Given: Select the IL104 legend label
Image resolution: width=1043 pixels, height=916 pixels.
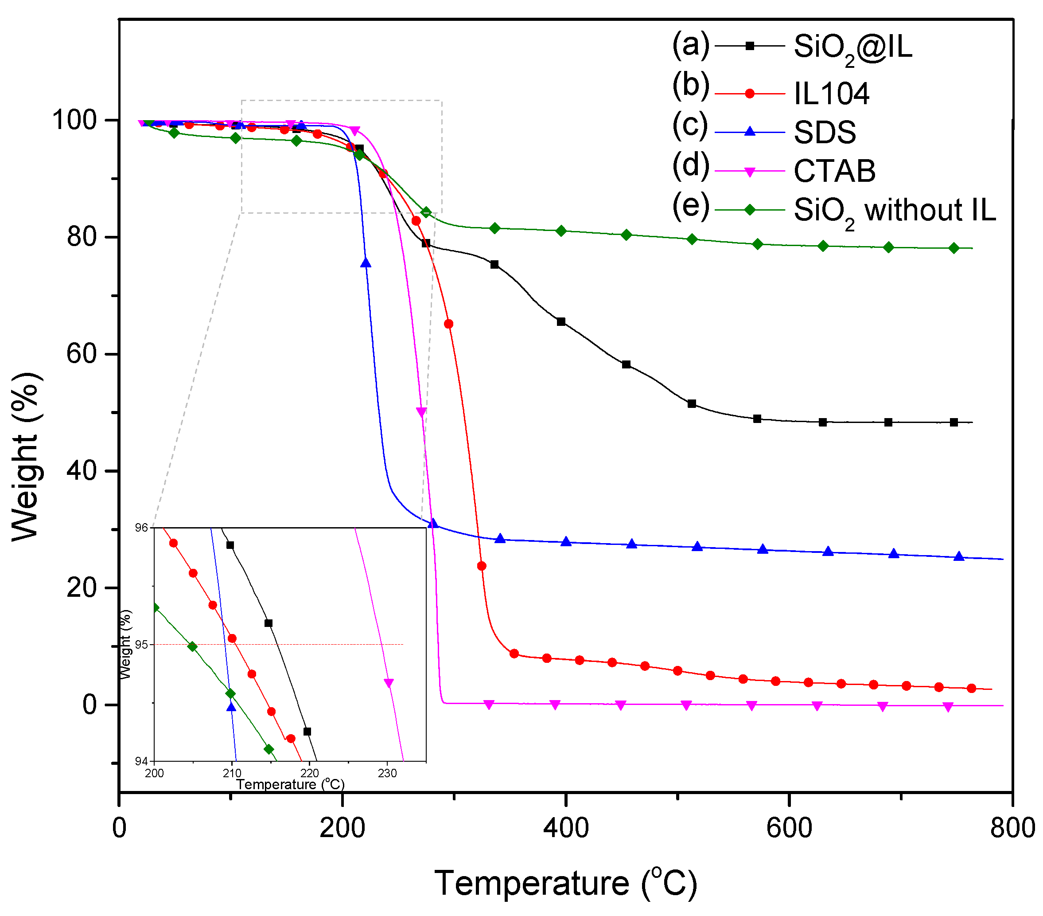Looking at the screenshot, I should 831,94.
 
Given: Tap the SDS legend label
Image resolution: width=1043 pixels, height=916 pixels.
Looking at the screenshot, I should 825,132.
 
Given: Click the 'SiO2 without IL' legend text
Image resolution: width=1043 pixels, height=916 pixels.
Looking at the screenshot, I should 894,210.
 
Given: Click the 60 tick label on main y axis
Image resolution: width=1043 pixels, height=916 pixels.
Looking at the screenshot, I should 82,354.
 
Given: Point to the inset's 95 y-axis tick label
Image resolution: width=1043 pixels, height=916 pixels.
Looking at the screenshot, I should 141,645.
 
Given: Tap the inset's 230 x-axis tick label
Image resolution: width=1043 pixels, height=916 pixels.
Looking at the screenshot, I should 387,774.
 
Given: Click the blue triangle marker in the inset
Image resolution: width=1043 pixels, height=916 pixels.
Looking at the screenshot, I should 232,707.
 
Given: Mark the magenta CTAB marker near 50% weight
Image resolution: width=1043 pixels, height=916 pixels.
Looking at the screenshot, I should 421,411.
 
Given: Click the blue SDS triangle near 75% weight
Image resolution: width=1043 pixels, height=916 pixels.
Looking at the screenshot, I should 366,263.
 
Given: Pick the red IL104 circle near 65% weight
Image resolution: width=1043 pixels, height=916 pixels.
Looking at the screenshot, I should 448,324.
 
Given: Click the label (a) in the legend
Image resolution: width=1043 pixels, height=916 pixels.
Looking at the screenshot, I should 690,44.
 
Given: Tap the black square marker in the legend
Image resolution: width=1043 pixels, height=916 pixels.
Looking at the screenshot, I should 750,46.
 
